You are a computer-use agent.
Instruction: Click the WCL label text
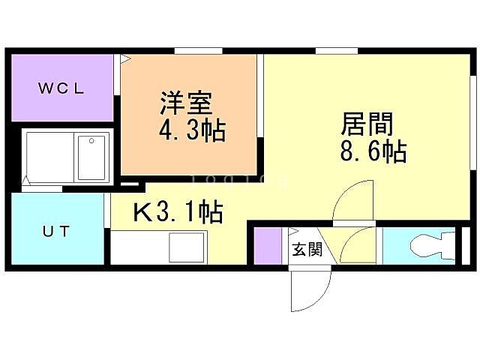(62, 88)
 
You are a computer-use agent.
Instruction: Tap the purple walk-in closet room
(61, 105)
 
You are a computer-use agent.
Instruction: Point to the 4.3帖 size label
(192, 131)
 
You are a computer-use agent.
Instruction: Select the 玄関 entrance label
(306, 249)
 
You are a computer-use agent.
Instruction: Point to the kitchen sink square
(187, 246)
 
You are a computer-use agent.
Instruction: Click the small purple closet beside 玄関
(265, 245)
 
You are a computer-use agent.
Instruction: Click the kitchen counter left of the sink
(139, 247)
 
